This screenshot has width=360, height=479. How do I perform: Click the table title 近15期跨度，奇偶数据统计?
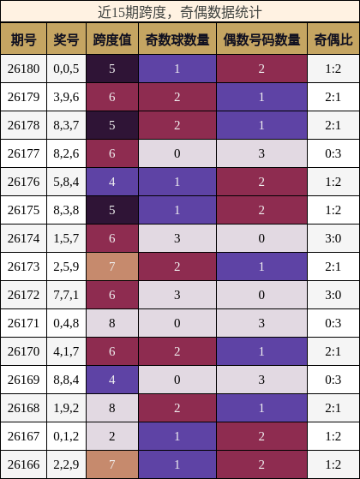coord(180,13)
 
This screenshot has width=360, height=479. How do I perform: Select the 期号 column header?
coord(23,39)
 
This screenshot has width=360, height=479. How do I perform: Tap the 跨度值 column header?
coord(112,39)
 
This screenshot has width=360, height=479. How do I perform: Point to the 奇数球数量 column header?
coord(177,39)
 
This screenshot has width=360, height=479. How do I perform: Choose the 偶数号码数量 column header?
coord(261,39)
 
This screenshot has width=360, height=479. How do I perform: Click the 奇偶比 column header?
coord(333,39)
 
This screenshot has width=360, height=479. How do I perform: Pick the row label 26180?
coord(23,69)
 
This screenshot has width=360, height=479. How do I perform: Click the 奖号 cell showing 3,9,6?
coord(66,97)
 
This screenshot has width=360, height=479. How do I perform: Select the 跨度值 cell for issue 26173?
coord(112,266)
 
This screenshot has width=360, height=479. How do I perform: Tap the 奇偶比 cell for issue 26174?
coord(333,238)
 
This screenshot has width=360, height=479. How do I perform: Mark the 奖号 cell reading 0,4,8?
coord(66,323)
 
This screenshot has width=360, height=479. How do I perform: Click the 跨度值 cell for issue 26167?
coord(112,436)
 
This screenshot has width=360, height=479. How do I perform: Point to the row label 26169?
coord(23,380)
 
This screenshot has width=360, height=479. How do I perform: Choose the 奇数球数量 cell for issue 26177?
coord(177,153)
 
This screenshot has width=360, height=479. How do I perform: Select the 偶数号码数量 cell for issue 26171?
coord(261,323)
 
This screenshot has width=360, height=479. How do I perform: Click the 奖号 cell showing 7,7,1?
coord(66,295)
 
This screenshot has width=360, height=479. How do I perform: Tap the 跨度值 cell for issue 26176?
coord(112,182)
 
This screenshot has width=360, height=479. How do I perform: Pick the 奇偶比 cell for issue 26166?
coord(333,464)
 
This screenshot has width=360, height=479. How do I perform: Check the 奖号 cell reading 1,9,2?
coord(66,408)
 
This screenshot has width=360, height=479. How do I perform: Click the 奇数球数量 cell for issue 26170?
coord(177,351)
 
